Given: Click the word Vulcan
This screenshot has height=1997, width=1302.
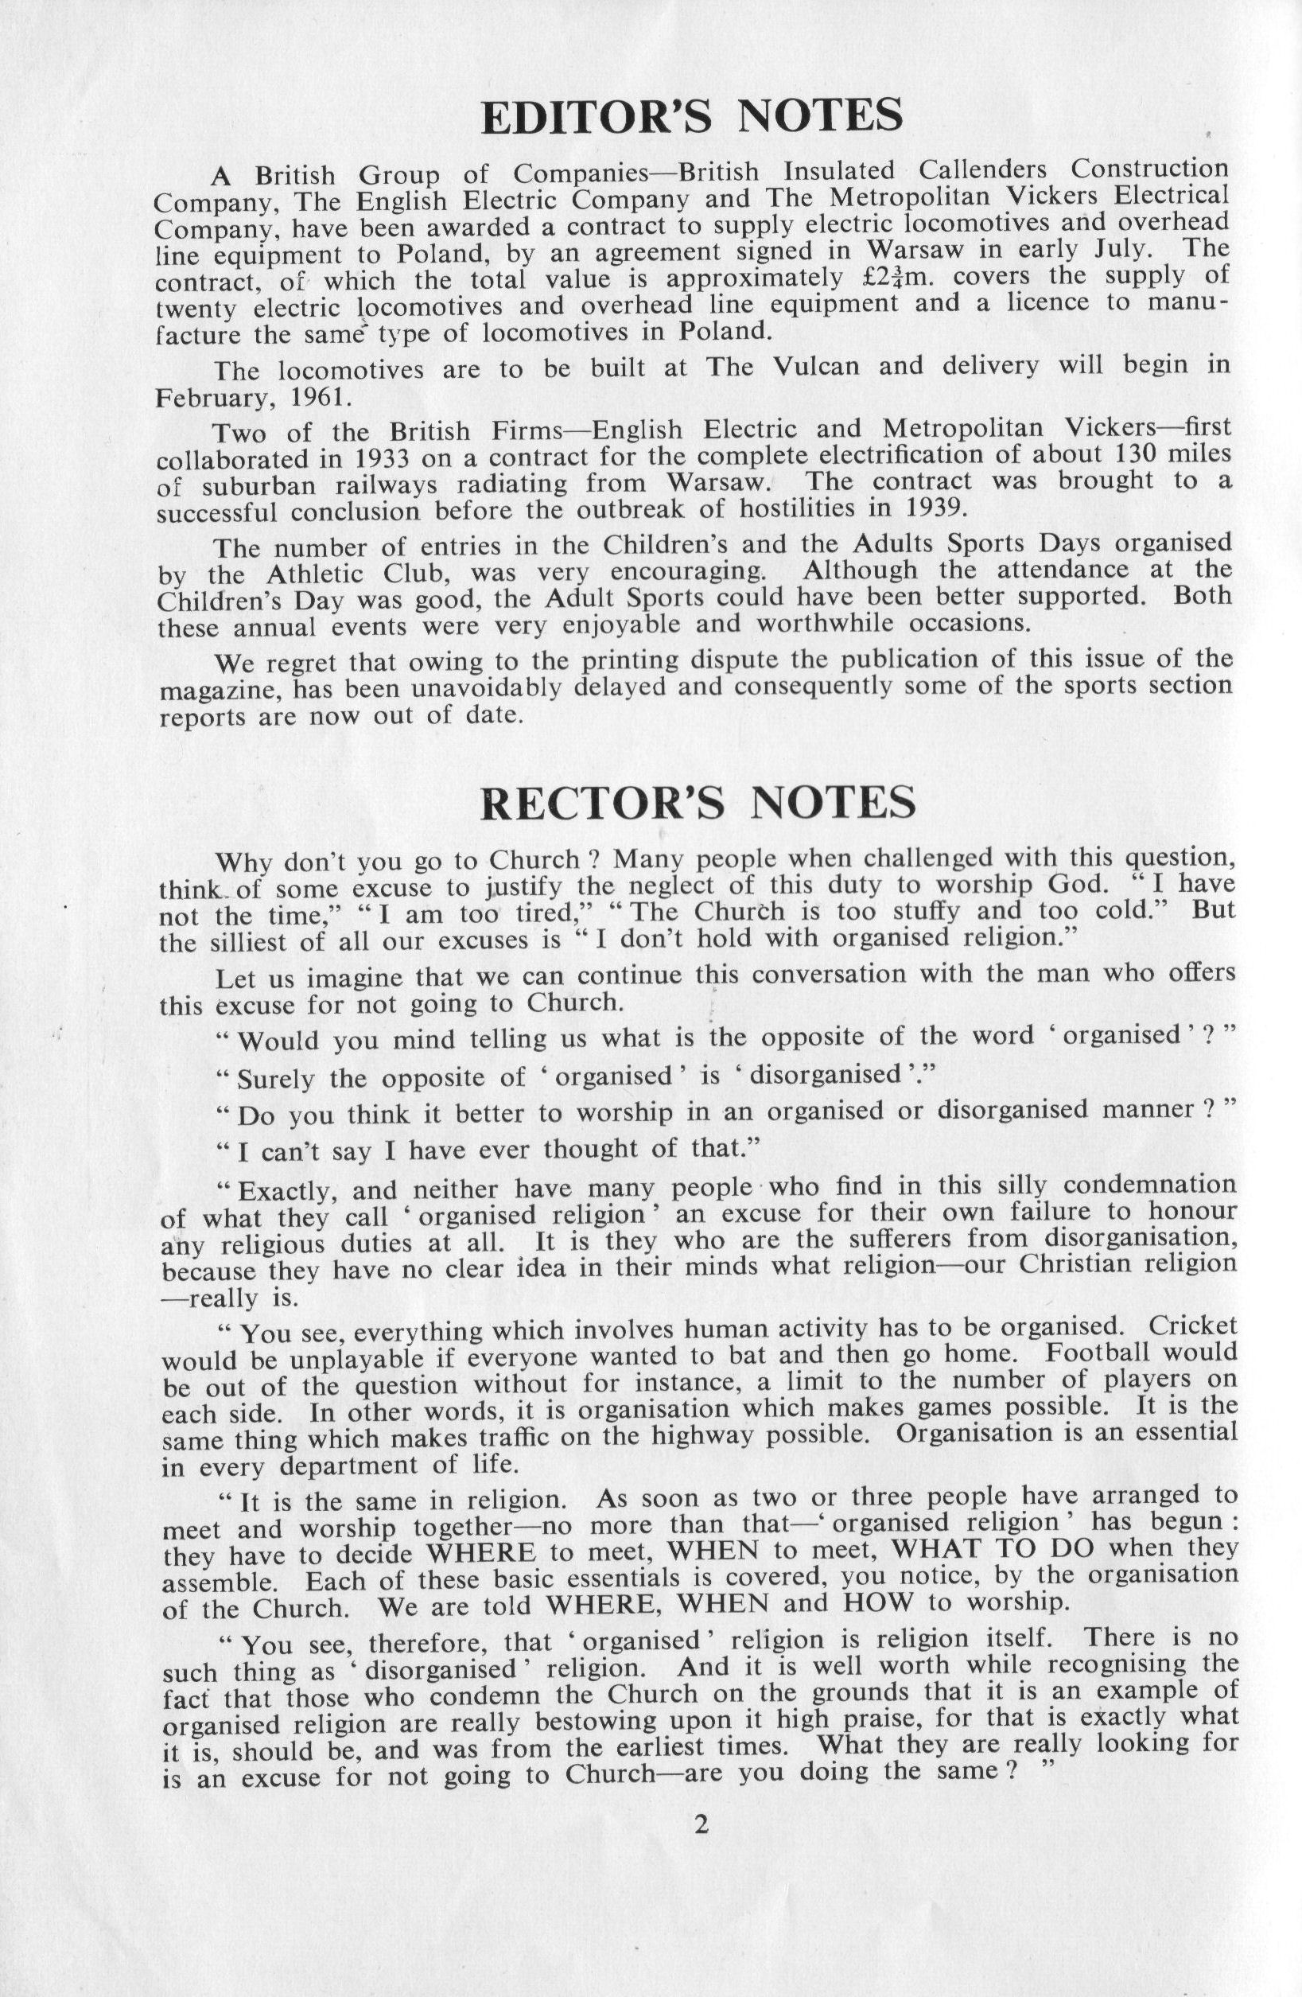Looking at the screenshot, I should tap(813, 368).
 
